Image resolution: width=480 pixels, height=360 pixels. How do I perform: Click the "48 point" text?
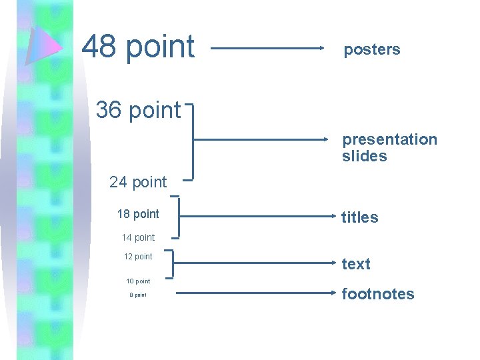(138, 47)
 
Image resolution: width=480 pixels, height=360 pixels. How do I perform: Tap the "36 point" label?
(138, 110)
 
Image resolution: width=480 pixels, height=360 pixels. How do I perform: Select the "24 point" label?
(138, 181)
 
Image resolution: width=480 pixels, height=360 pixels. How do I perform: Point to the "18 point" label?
(138, 214)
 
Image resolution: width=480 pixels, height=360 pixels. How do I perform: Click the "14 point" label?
(138, 237)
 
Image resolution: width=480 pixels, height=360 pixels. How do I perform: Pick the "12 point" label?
(138, 257)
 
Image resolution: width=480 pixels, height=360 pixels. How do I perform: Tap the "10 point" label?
(138, 281)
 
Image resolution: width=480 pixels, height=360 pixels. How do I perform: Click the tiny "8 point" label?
(138, 295)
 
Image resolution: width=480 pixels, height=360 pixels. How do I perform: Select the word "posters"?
(371, 49)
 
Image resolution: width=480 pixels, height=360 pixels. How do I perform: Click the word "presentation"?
(389, 139)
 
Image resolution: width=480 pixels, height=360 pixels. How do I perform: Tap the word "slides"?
(364, 156)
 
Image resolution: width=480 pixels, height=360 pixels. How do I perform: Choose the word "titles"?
(359, 217)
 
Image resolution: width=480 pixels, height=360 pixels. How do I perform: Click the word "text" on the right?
(355, 264)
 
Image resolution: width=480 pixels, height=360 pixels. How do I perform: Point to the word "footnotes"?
(377, 294)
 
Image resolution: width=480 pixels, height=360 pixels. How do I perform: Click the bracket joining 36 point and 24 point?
(193, 141)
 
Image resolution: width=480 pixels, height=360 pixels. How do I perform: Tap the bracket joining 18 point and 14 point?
(179, 217)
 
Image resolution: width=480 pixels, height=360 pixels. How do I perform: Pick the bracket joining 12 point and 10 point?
(173, 263)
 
